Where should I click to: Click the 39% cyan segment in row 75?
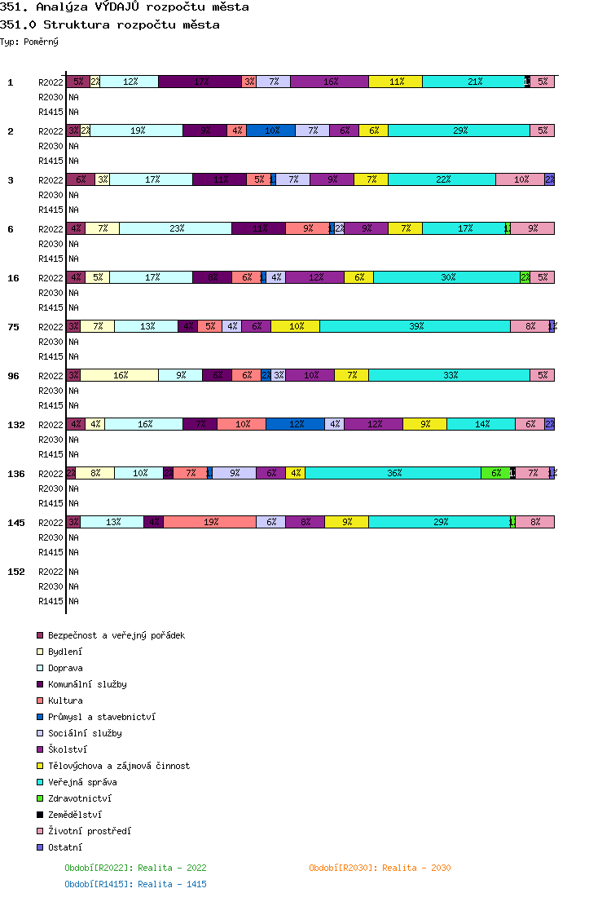pos(415,326)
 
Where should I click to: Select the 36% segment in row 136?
pos(393,473)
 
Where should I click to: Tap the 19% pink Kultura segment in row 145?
pos(209,522)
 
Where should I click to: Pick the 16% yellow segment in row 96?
pos(119,375)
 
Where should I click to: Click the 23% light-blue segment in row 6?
pos(175,228)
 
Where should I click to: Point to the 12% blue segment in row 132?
pos(295,424)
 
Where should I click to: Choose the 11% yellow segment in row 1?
pos(395,82)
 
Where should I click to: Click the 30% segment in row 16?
pos(446,277)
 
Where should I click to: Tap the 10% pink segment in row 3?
pos(520,179)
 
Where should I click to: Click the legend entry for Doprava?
pos(65,668)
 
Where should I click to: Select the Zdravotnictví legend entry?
pos(80,798)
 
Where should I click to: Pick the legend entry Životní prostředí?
pos(89,831)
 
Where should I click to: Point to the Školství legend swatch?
pos(39,749)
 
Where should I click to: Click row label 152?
pos(16,572)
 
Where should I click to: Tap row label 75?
pos(13,327)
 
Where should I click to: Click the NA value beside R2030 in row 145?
pos(73,537)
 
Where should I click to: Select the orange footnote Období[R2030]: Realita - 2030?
pos(380,868)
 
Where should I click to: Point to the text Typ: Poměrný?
pos(29,41)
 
